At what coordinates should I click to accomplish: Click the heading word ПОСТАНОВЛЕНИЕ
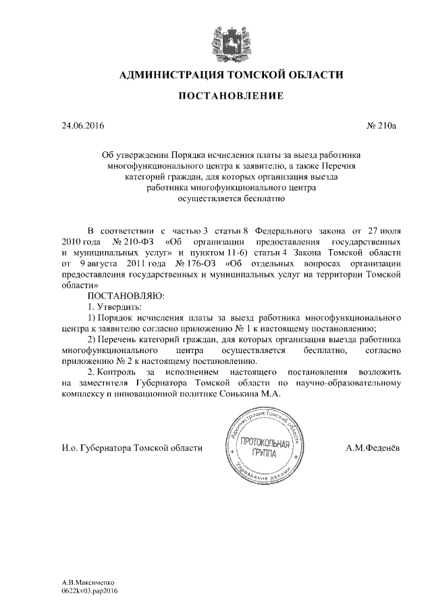click(x=230, y=97)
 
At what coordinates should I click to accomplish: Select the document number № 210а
click(x=383, y=126)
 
